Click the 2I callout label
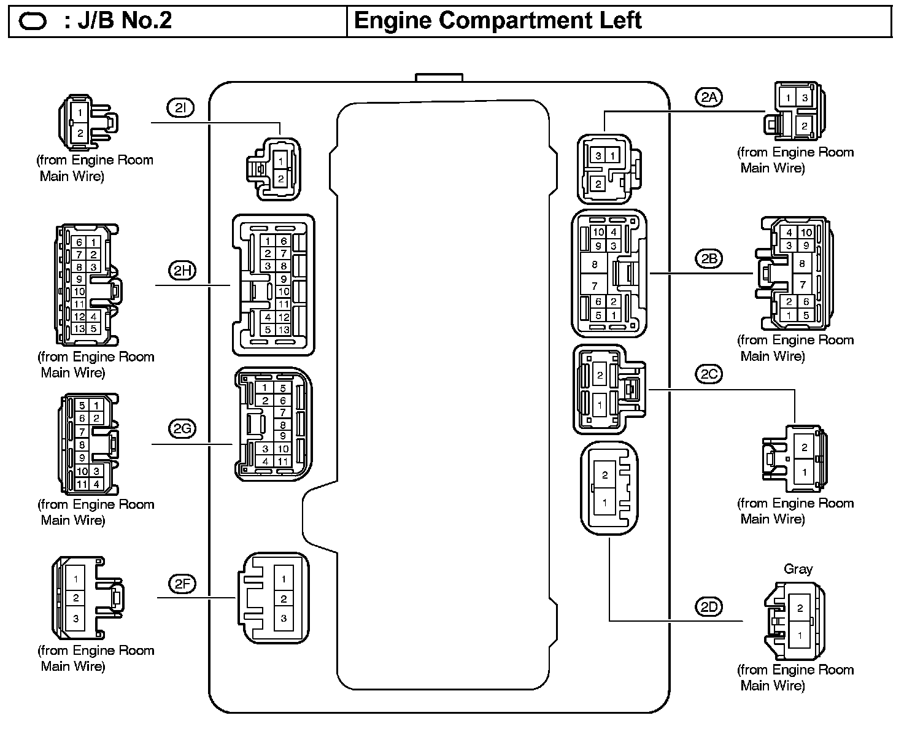pyautogui.click(x=180, y=108)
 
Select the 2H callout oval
pyautogui.click(x=182, y=270)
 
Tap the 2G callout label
pyautogui.click(x=182, y=428)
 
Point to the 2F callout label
pyautogui.click(x=182, y=584)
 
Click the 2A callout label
pyautogui.click(x=709, y=96)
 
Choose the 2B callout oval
pyautogui.click(x=709, y=258)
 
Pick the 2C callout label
pyautogui.click(x=709, y=374)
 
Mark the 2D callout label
pyautogui.click(x=709, y=607)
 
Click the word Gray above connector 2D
pyautogui.click(x=798, y=569)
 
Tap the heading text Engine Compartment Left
pyautogui.click(x=498, y=21)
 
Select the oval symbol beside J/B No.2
pyautogui.click(x=33, y=22)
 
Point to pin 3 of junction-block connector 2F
pyautogui.click(x=284, y=618)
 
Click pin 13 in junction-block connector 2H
pyautogui.click(x=283, y=330)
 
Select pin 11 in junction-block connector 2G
pyautogui.click(x=283, y=461)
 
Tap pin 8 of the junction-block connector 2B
pyautogui.click(x=594, y=265)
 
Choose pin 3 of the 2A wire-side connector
pyautogui.click(x=804, y=98)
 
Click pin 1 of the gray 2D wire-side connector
pyautogui.click(x=800, y=636)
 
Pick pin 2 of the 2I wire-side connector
pyautogui.click(x=80, y=133)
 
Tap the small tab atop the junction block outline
pyautogui.click(x=439, y=77)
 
